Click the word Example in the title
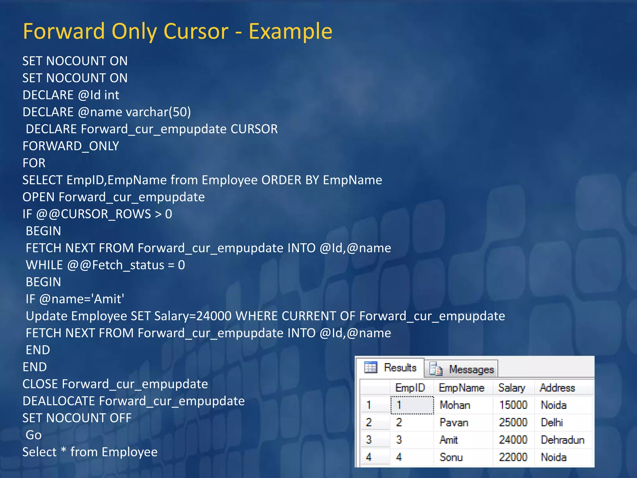coord(290,31)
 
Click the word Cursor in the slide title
coord(196,31)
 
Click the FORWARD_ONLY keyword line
coord(71,146)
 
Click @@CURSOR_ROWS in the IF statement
coord(94,214)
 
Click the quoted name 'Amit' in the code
coord(109,299)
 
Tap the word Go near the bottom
coord(34,435)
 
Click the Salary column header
coord(512,388)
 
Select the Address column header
coord(557,388)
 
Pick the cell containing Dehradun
coord(562,440)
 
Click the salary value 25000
coord(513,422)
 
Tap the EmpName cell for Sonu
coord(451,457)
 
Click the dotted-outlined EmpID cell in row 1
coord(412,405)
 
